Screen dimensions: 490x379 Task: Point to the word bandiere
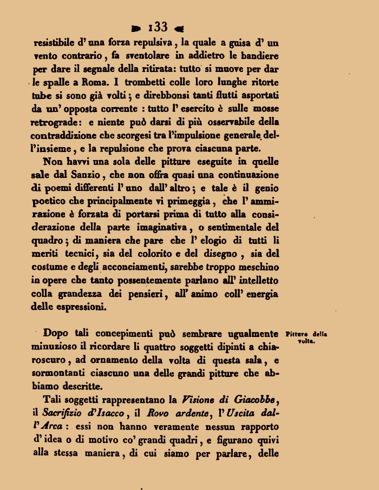coord(259,55)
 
